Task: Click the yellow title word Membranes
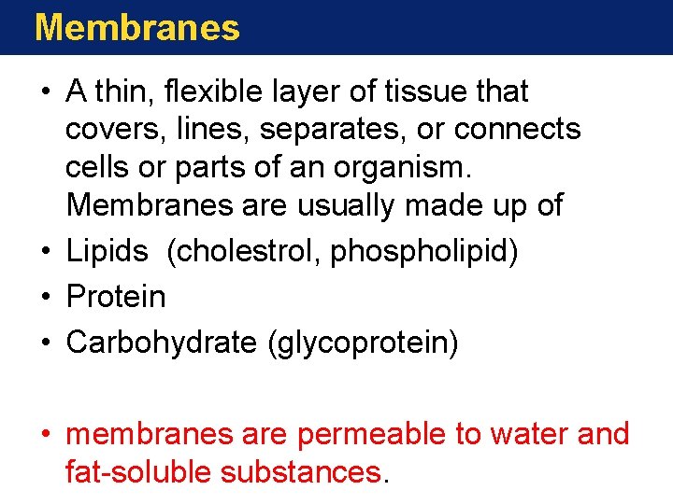[136, 28]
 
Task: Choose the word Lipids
[107, 250]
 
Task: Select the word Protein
[116, 297]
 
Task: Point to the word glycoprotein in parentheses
[363, 343]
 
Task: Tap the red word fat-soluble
[138, 472]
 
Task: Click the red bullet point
[45, 435]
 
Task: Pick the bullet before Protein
[45, 297]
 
